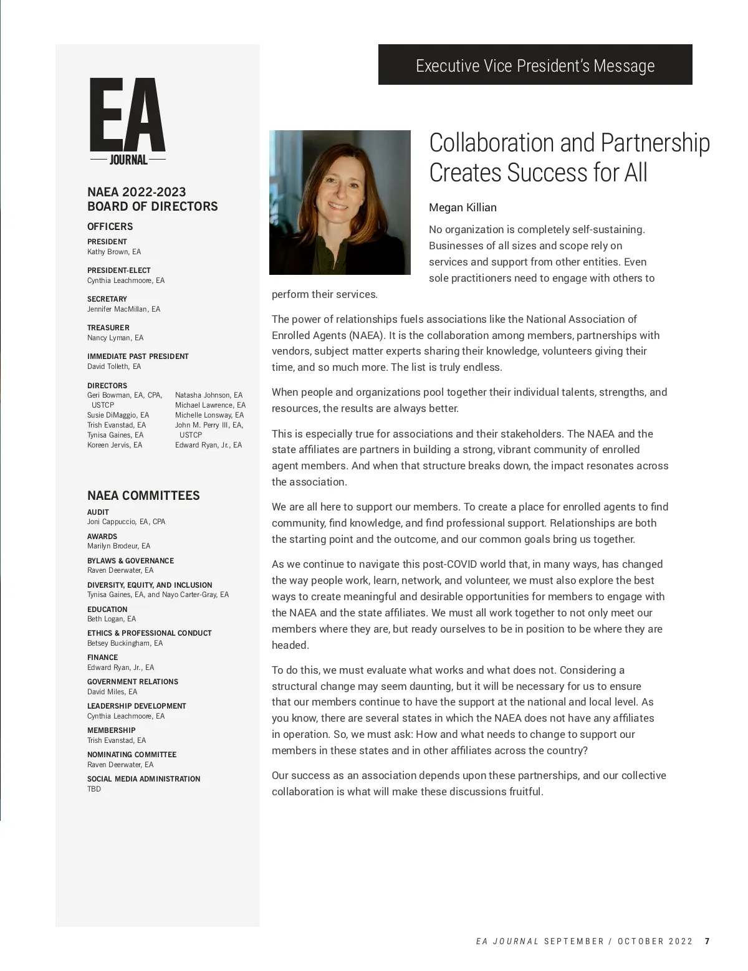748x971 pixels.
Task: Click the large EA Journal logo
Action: [x=128, y=121]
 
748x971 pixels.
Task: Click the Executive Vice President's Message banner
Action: [x=535, y=65]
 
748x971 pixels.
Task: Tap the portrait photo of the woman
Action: [x=340, y=202]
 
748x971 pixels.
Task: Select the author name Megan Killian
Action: [x=463, y=208]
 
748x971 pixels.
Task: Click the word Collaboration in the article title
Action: [x=492, y=143]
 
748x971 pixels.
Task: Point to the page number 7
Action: [x=707, y=941]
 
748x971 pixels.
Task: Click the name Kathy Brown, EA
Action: [x=114, y=252]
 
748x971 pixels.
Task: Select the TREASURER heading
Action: [x=108, y=328]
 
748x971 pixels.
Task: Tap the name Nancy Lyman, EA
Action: [x=115, y=338]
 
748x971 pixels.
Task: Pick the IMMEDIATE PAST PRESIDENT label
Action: [x=138, y=356]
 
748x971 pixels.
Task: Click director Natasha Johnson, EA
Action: [x=209, y=395]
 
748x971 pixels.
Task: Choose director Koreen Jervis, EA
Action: [x=115, y=445]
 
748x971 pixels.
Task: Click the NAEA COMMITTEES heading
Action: [x=143, y=495]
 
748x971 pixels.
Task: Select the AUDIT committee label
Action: [x=98, y=512]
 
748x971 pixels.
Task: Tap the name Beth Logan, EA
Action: [x=112, y=619]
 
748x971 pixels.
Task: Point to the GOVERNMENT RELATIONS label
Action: [x=133, y=682]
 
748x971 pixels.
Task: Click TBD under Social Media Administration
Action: [x=94, y=789]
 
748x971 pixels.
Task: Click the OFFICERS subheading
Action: [x=110, y=226]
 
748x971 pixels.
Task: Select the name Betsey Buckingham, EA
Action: [x=125, y=643]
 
